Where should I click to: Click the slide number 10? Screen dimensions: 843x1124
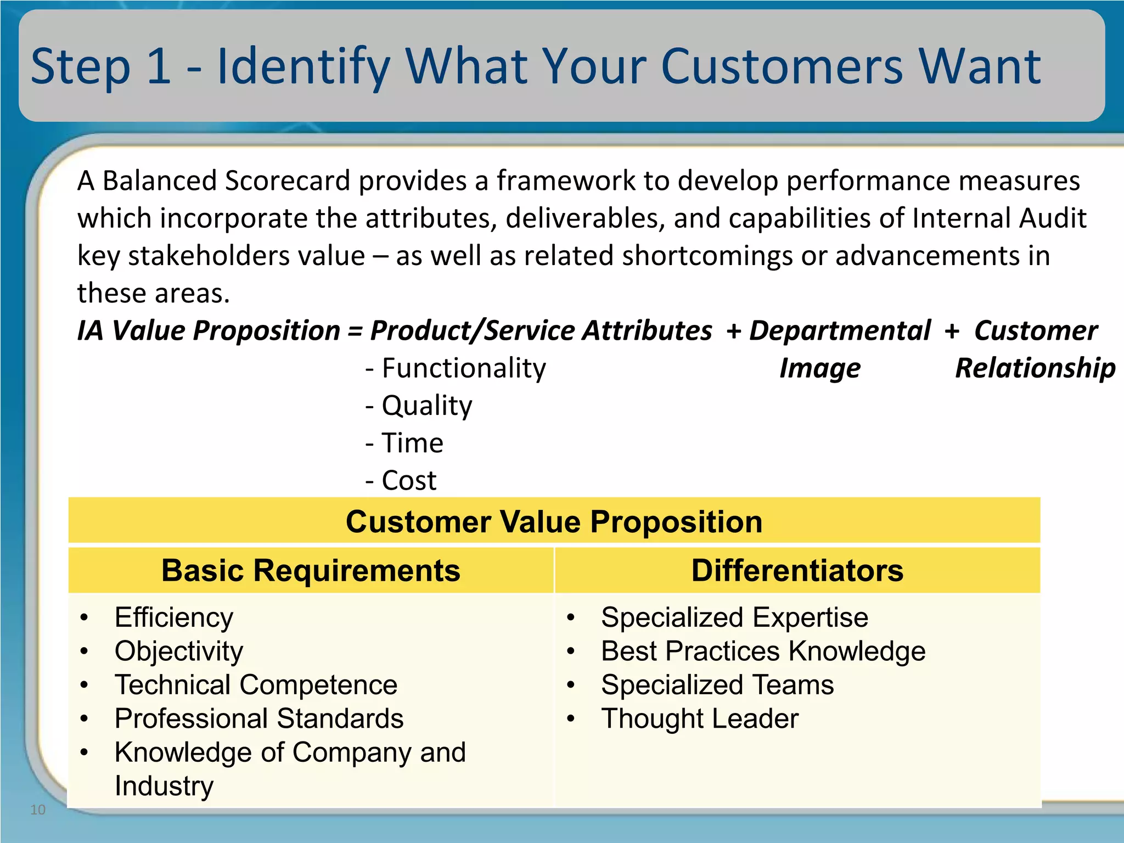[x=38, y=810]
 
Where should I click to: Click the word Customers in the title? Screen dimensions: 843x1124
[x=782, y=66]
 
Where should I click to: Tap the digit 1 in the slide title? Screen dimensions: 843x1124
[x=159, y=66]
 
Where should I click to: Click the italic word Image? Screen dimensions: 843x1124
[x=820, y=368]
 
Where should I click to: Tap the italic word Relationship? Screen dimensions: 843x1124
[x=1035, y=368]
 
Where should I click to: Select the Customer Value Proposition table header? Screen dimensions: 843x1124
[x=554, y=521]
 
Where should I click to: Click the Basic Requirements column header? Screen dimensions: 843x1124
[x=311, y=570]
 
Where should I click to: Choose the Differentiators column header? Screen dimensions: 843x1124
[x=797, y=570]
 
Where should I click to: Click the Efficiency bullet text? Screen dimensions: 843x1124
[x=174, y=618]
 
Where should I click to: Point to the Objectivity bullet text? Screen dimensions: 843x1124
[x=179, y=651]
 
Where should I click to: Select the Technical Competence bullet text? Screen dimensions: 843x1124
[x=256, y=685]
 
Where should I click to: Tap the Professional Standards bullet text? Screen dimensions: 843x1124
[x=259, y=719]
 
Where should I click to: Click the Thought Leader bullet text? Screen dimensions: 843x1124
[x=700, y=719]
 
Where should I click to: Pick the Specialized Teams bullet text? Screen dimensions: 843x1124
[x=717, y=685]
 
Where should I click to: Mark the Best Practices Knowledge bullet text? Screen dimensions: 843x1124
[x=763, y=651]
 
